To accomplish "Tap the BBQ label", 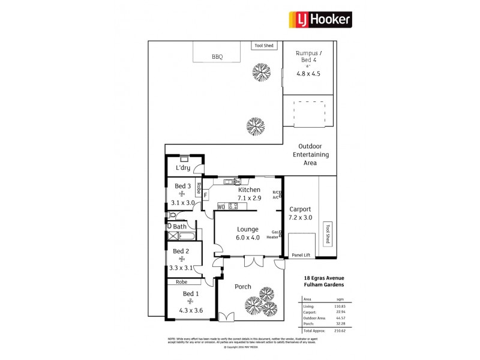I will [217, 58].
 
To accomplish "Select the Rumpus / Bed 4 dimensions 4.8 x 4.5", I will [308, 74].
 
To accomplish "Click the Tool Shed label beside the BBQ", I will [264, 45].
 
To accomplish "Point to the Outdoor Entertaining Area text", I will [310, 154].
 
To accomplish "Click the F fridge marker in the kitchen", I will [206, 194].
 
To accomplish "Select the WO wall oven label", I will [221, 207].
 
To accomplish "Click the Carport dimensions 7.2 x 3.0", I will [300, 217].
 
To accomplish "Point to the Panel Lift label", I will [301, 255].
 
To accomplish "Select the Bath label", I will [179, 226].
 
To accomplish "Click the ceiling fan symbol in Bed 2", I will [181, 259].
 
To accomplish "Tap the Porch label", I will [242, 287].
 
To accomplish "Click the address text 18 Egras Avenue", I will [324, 278].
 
